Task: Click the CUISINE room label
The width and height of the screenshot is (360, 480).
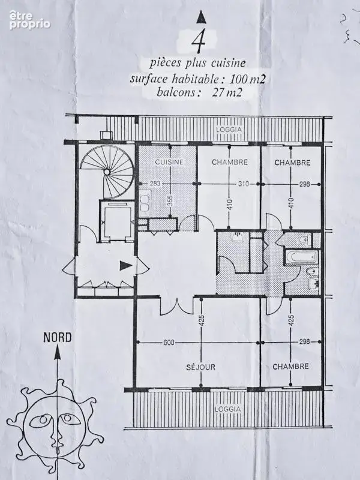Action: click(169, 162)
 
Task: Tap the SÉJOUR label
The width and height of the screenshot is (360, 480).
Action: click(200, 367)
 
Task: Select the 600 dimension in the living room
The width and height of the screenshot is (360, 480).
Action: click(169, 342)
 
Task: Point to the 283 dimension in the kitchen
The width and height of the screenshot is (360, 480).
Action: click(155, 184)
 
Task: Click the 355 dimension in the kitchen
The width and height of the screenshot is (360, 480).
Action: click(170, 201)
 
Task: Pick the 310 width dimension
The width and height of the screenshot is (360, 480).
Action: click(244, 184)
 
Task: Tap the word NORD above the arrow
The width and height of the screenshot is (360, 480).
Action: click(57, 338)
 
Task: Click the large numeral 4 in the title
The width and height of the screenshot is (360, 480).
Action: click(198, 43)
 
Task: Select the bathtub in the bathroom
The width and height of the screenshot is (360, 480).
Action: click(300, 257)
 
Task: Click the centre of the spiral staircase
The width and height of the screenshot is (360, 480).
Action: click(107, 172)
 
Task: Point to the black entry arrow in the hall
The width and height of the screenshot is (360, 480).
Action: click(125, 265)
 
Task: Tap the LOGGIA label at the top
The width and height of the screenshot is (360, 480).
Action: click(229, 130)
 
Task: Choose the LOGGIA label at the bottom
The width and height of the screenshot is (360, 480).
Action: click(227, 409)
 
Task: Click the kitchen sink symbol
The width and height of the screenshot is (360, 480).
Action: click(145, 202)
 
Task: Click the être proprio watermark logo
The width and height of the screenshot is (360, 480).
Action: click(29, 20)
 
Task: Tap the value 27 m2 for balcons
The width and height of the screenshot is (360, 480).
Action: click(227, 92)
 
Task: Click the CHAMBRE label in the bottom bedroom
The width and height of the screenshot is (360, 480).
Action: click(290, 367)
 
